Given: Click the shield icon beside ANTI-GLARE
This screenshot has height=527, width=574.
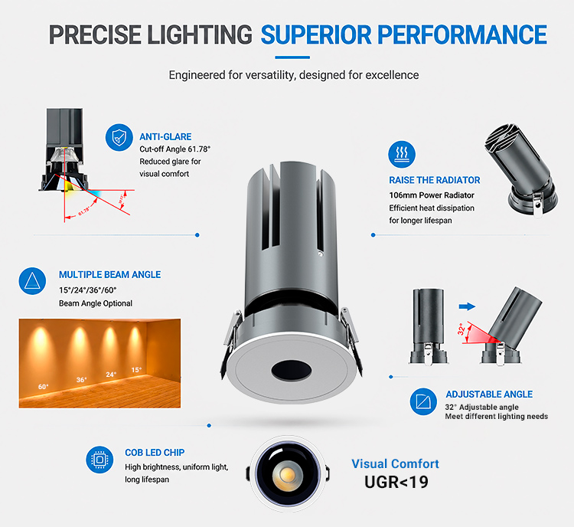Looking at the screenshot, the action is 119,137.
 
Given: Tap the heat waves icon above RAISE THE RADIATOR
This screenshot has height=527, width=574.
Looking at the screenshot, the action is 402,154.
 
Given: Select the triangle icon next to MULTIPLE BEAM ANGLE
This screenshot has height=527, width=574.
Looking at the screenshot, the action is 32,281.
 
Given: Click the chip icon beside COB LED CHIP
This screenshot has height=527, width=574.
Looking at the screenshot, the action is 99,460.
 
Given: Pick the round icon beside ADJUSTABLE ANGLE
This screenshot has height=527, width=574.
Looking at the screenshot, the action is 423,401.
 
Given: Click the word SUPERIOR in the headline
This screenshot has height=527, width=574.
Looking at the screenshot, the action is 315,35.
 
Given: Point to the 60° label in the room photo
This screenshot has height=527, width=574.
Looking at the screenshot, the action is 43,387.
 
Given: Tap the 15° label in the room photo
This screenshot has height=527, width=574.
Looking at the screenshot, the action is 136,370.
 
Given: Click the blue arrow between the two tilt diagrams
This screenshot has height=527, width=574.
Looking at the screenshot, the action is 467,306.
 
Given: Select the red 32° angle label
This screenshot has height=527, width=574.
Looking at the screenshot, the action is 461,329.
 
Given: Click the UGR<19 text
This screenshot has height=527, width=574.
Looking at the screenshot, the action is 396,482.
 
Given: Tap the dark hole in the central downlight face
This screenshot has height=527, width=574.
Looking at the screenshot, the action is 292,370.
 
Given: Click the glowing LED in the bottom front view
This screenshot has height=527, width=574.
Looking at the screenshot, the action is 288,475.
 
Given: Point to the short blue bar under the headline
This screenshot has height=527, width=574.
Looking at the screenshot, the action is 292,57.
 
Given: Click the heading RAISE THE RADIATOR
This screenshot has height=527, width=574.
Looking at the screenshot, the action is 435,180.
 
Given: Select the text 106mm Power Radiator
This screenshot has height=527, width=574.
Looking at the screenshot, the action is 432,195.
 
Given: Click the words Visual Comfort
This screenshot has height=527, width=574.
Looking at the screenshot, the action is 395,463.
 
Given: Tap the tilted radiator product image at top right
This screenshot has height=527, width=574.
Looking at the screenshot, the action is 522,169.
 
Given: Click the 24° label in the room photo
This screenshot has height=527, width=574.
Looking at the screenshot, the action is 111,374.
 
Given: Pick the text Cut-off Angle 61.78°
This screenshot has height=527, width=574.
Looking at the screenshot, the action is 175,149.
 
